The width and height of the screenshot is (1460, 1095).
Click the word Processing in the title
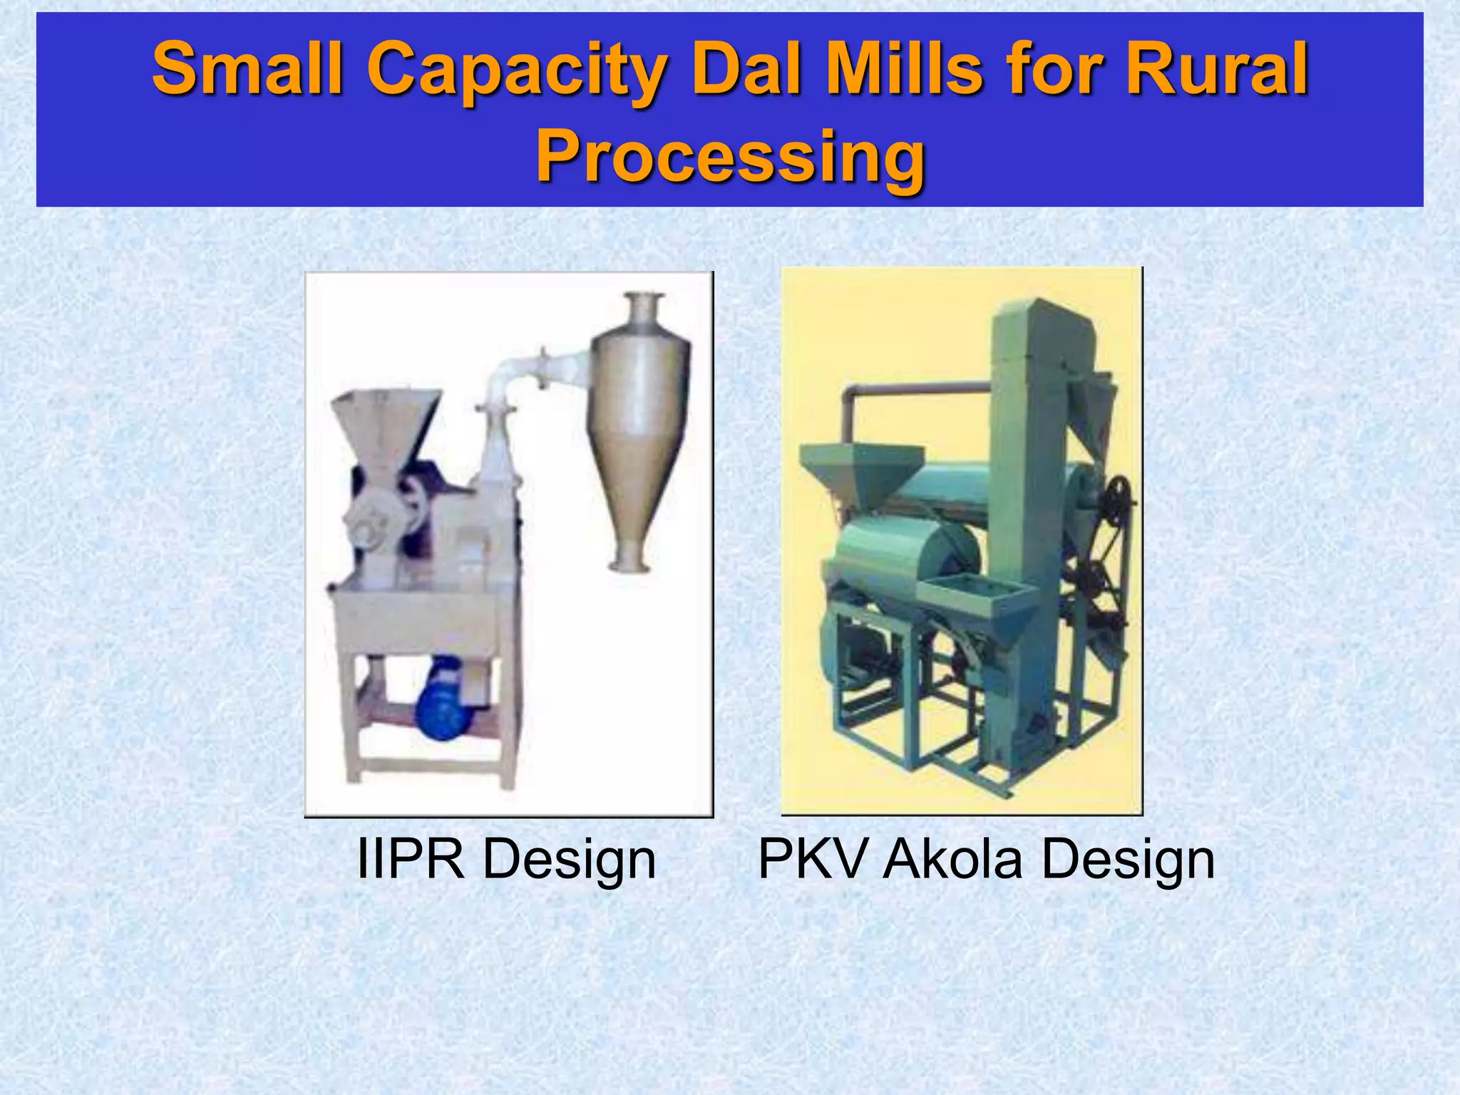pyautogui.click(x=730, y=155)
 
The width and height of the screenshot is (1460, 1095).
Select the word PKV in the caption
pyautogui.click(x=812, y=859)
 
